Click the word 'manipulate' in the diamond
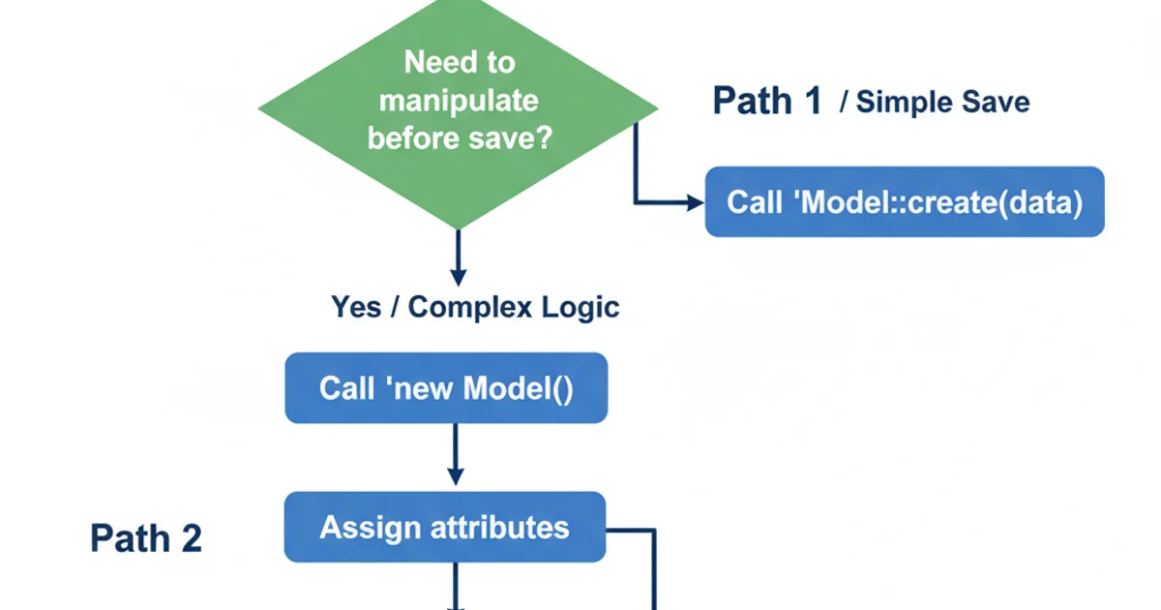[459, 101]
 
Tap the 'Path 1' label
[766, 101]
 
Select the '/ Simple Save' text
[935, 102]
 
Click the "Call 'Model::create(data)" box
[904, 202]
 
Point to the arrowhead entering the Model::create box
[696, 202]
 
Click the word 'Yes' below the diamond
[355, 307]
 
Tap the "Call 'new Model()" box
[446, 388]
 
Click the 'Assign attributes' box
[444, 528]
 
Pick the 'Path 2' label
[146, 538]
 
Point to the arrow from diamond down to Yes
[459, 257]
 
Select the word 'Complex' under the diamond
[470, 307]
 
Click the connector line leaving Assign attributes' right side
[631, 529]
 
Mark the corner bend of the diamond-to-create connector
[636, 202]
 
